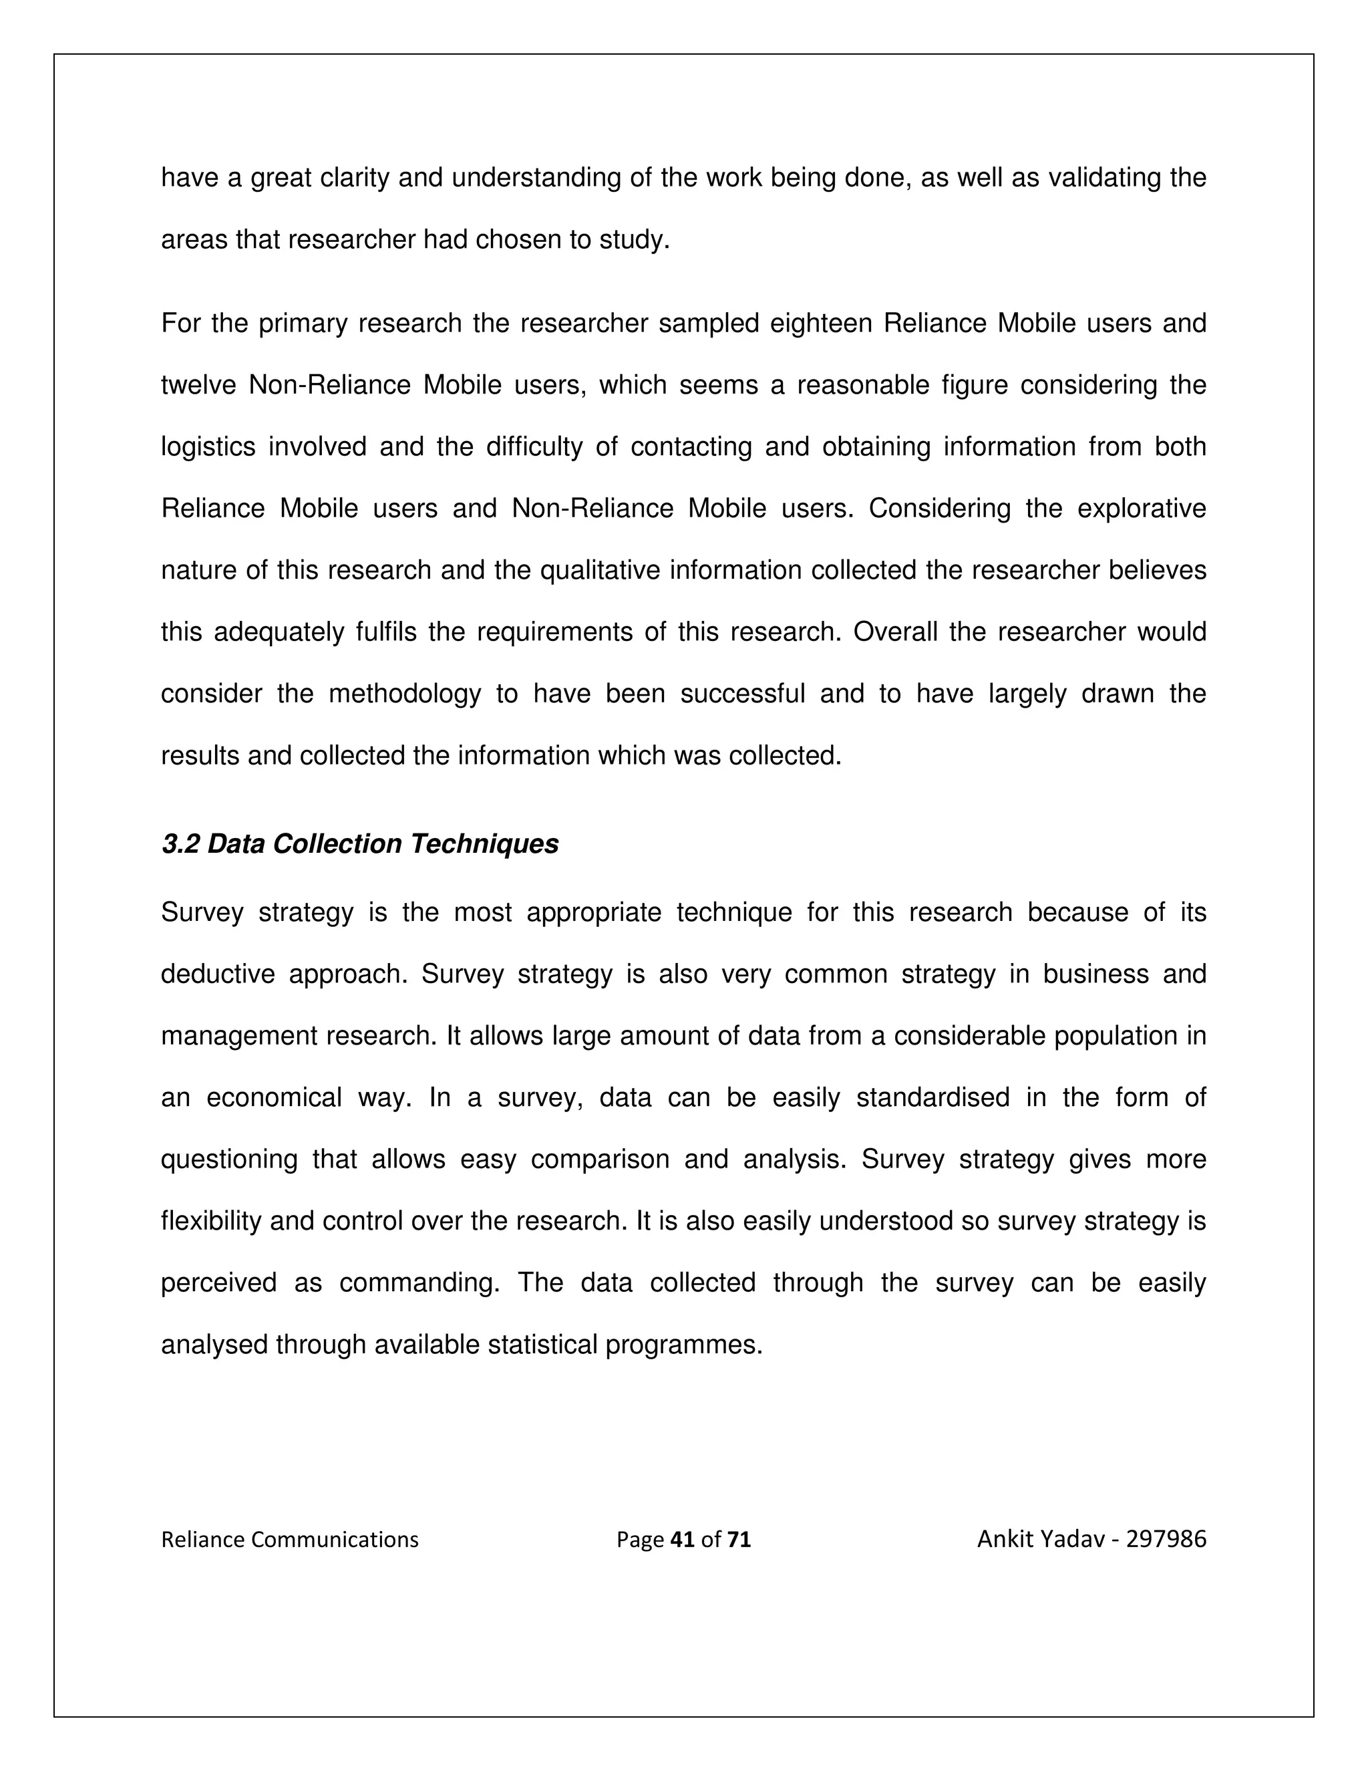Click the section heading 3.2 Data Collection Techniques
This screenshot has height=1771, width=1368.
click(x=360, y=844)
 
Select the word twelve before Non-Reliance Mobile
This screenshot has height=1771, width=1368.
click(x=198, y=385)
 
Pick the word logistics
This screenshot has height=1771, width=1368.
click(x=208, y=447)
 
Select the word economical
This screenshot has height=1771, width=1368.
click(x=274, y=1097)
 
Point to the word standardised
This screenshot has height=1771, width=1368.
click(x=932, y=1097)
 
